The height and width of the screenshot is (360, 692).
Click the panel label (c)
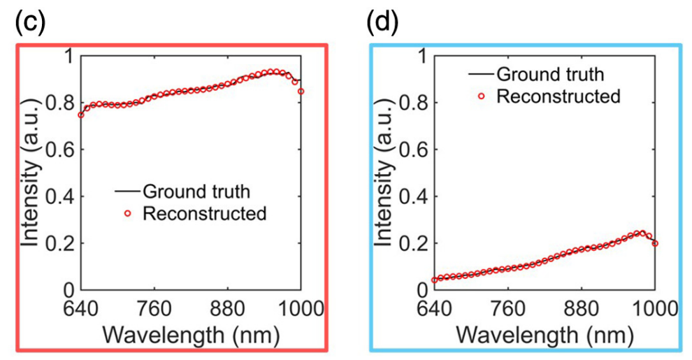[29, 22]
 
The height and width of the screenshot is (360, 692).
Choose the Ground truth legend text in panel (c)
[196, 190]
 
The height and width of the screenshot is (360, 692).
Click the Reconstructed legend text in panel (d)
[558, 96]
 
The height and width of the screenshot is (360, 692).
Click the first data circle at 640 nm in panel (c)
[81, 115]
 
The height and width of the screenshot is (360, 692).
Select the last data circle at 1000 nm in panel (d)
[655, 243]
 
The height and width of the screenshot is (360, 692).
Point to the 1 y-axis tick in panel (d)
[424, 56]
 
